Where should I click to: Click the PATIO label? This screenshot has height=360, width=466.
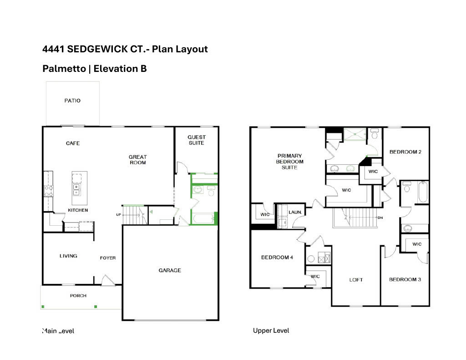click(x=72, y=101)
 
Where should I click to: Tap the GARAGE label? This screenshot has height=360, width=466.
click(x=170, y=270)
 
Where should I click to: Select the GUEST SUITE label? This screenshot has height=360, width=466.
click(x=197, y=140)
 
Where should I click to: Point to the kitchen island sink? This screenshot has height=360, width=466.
click(x=76, y=189)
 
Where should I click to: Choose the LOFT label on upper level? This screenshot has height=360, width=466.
click(x=356, y=280)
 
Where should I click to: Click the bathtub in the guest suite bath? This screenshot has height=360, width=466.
click(x=203, y=220)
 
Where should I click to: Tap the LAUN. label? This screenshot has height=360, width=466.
click(x=296, y=212)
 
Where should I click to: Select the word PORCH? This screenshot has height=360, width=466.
click(x=78, y=296)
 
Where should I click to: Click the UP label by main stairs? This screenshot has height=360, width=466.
click(x=118, y=214)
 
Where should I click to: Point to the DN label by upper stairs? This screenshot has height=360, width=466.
click(x=380, y=218)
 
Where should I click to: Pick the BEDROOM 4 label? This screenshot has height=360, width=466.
click(x=277, y=258)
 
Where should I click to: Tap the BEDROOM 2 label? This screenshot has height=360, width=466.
click(x=405, y=152)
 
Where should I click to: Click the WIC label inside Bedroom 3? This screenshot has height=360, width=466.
click(x=417, y=244)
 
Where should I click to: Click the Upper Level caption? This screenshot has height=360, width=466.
click(x=271, y=331)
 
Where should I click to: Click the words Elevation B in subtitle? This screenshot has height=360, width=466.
click(x=120, y=69)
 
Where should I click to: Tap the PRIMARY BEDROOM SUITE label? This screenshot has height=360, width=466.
click(x=289, y=162)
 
